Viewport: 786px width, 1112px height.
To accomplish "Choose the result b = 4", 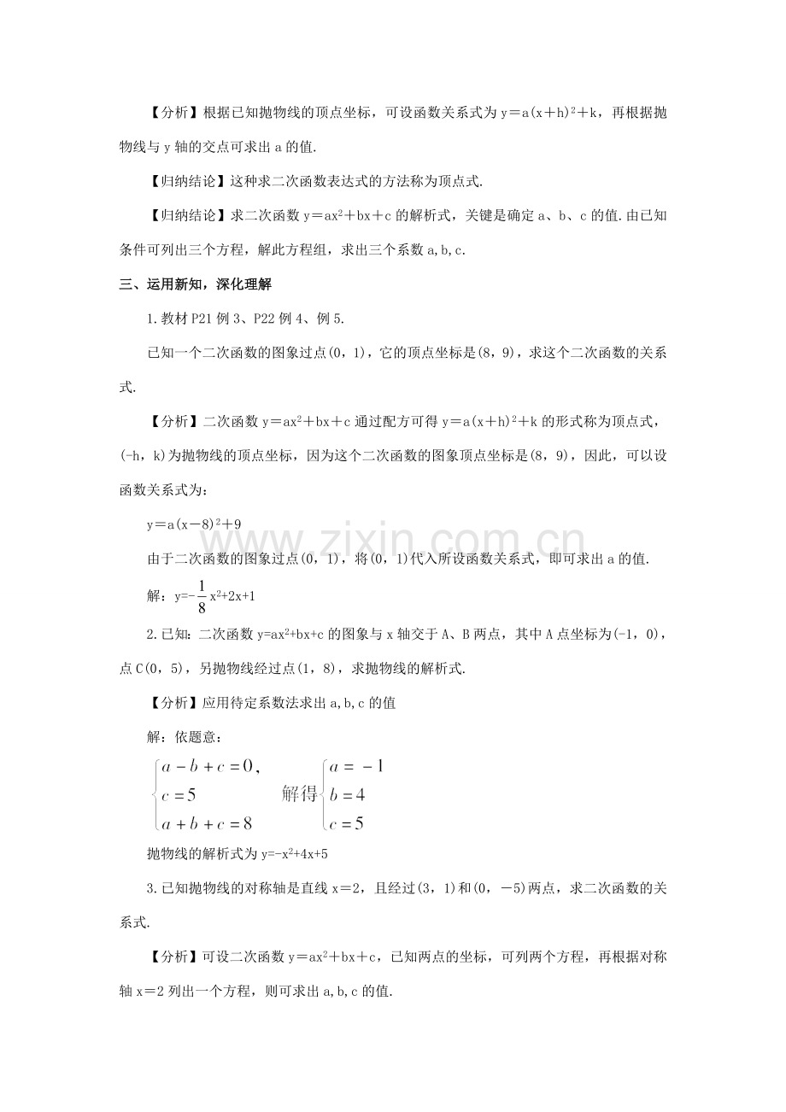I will coord(348,795).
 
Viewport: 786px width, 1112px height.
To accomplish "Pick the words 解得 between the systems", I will coord(299,794).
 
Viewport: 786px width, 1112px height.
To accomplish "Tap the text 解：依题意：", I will coord(184,735).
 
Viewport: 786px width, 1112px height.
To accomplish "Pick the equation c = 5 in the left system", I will coord(180,795).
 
